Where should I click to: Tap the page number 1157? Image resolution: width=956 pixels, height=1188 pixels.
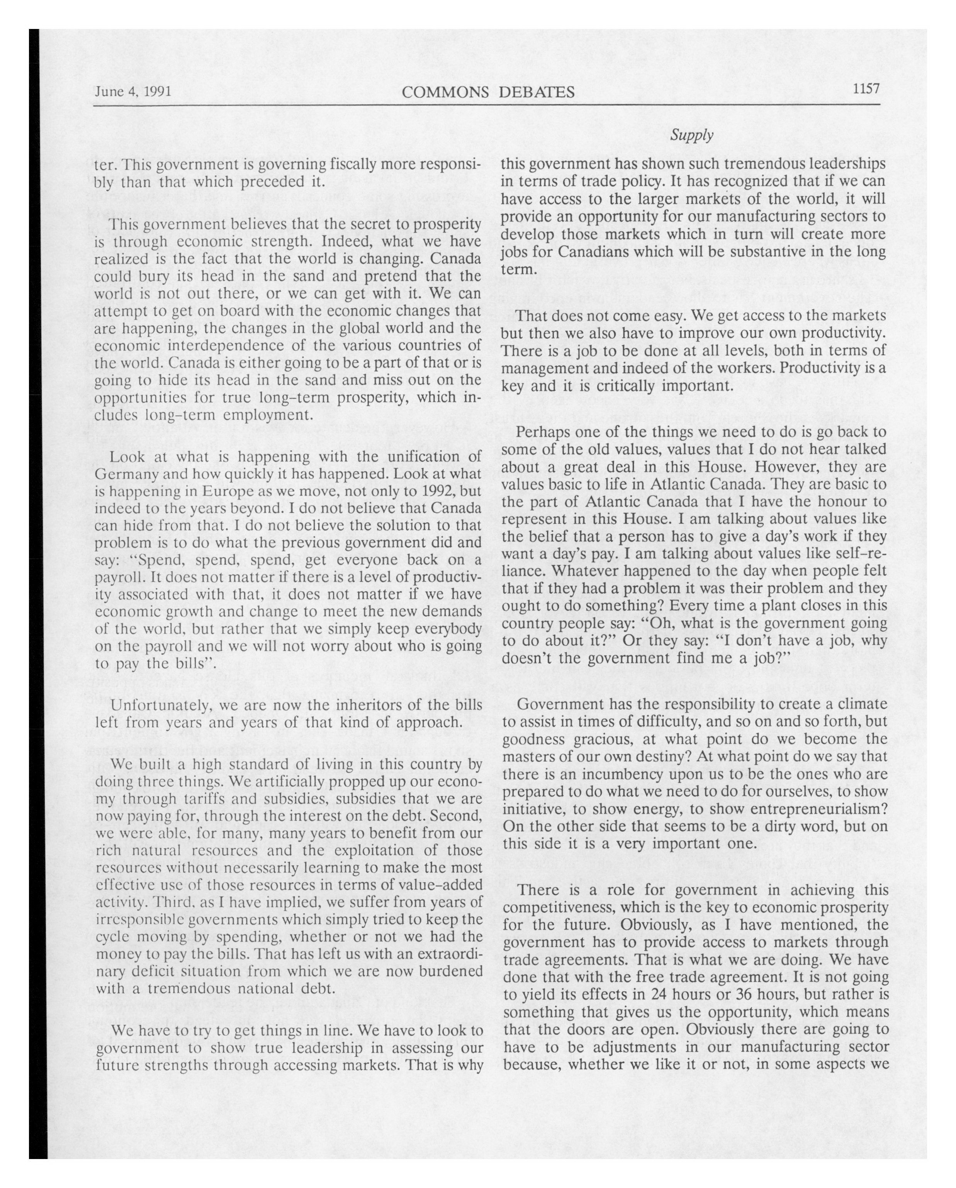point(866,89)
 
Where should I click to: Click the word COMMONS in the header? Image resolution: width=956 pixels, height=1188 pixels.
point(445,92)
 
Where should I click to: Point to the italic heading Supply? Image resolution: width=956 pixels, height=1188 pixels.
point(692,135)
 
